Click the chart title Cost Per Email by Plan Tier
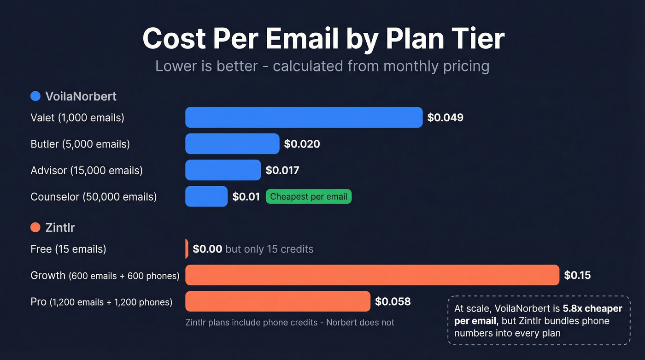(323, 39)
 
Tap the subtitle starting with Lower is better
(322, 66)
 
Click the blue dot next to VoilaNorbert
(35, 96)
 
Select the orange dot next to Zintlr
(35, 227)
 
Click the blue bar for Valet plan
(304, 118)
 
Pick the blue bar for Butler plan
(232, 144)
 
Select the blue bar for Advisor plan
(223, 170)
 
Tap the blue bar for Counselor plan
(206, 196)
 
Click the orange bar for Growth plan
(372, 275)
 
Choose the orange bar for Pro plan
(278, 301)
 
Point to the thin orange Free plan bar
(187, 249)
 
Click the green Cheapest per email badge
(309, 197)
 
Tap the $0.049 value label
(445, 118)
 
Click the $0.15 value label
(577, 276)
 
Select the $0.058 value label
(393, 301)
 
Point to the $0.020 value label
(302, 144)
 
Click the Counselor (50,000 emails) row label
(94, 197)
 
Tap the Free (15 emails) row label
(68, 249)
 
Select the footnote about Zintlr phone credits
(289, 323)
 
